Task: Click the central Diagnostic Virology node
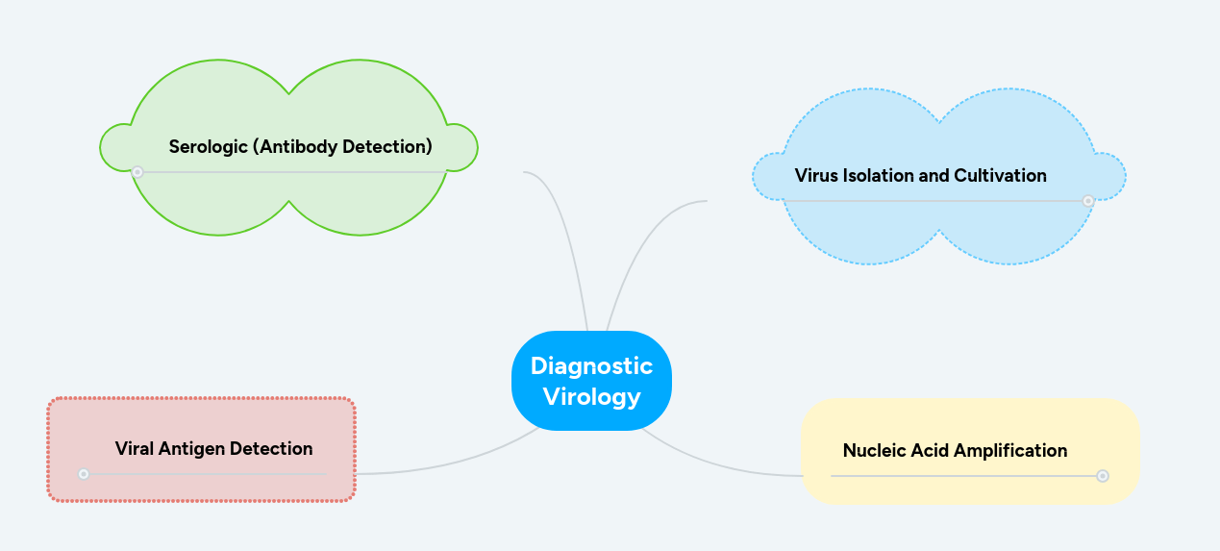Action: (591, 381)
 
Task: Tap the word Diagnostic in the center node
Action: (591, 365)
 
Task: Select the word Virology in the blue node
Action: (591, 396)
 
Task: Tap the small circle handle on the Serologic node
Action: (137, 172)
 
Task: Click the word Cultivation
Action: (1000, 176)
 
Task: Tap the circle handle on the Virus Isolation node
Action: (1087, 201)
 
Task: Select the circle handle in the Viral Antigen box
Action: (84, 474)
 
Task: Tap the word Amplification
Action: (1017, 450)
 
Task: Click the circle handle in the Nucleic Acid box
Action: (1103, 476)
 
